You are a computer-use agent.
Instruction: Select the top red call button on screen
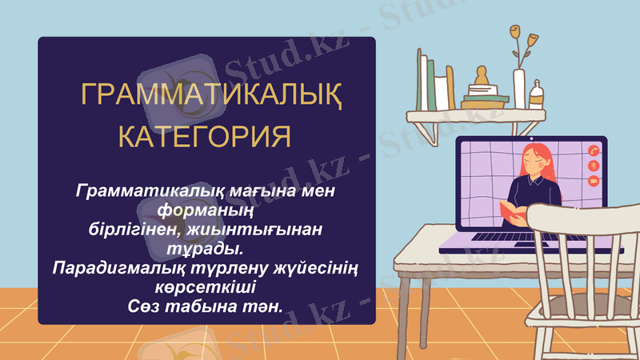tap(594, 150)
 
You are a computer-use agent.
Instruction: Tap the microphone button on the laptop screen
tap(594, 166)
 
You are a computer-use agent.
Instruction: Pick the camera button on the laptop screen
tap(594, 182)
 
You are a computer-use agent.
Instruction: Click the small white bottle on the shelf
tap(536, 94)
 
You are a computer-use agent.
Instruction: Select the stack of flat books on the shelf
tap(485, 100)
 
